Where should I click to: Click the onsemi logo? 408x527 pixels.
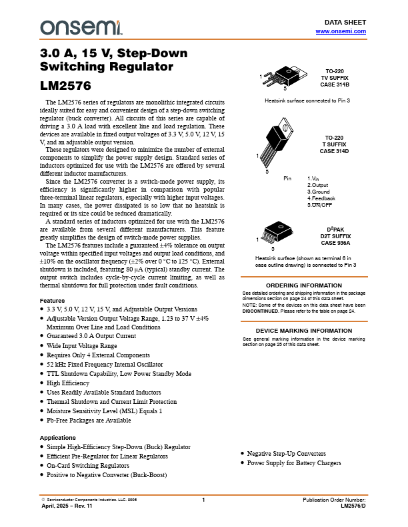click(80, 27)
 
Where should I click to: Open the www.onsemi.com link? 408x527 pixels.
click(341, 31)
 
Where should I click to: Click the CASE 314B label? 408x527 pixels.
click(334, 85)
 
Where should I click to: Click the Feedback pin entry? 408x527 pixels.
click(321, 198)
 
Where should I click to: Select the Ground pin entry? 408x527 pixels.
click(319, 192)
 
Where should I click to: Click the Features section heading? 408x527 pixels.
click(53, 301)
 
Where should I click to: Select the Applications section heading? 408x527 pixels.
click(58, 437)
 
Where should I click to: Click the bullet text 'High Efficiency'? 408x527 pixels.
click(68, 383)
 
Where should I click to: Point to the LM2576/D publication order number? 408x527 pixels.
click(353, 506)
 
